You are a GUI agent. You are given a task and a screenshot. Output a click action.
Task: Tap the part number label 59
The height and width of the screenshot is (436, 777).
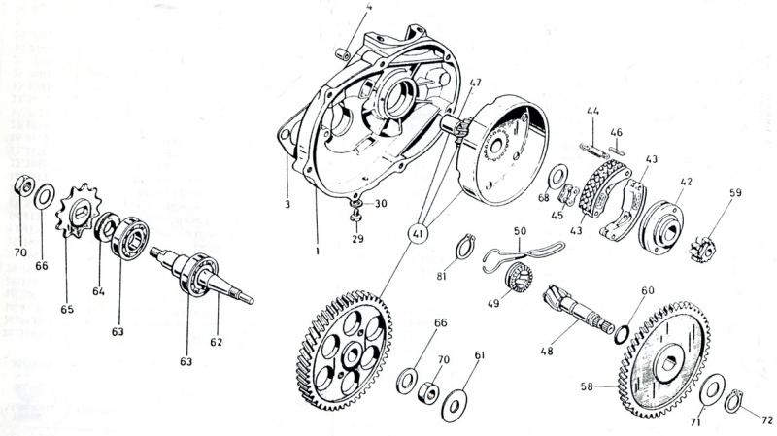(x=736, y=192)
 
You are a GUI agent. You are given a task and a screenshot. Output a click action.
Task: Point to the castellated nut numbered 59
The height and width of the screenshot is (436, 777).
(x=702, y=251)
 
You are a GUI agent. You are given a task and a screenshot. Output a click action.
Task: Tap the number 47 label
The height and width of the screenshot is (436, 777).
(x=475, y=83)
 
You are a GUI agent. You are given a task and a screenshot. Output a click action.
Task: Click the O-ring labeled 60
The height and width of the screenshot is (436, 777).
(x=623, y=334)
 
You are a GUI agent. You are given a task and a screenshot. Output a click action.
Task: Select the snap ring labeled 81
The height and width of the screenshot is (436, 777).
(x=466, y=247)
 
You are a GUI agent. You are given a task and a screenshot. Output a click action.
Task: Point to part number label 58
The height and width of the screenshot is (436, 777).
(x=587, y=386)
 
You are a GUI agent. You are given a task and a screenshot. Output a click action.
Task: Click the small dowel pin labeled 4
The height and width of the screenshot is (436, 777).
(x=343, y=53)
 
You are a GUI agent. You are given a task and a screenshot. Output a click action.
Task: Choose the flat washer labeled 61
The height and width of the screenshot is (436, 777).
(x=454, y=405)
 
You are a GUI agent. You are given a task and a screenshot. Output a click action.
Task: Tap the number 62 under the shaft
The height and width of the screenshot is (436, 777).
(x=216, y=342)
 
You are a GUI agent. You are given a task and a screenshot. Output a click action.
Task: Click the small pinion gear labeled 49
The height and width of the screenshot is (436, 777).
(x=519, y=277)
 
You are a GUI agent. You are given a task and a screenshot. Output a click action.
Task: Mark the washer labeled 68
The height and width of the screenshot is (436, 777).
(x=558, y=178)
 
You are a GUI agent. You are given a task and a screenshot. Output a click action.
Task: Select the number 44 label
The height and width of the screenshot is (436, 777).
(x=592, y=111)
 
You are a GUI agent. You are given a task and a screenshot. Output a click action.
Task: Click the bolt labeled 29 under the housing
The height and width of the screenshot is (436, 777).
(x=355, y=217)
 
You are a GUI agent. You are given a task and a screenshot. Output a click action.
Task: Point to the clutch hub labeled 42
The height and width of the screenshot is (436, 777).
(x=661, y=228)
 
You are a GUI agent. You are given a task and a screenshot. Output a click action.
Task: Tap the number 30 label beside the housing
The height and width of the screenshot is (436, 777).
(x=381, y=203)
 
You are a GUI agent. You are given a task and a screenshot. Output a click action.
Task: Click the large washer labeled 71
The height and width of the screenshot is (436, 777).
(x=712, y=390)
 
